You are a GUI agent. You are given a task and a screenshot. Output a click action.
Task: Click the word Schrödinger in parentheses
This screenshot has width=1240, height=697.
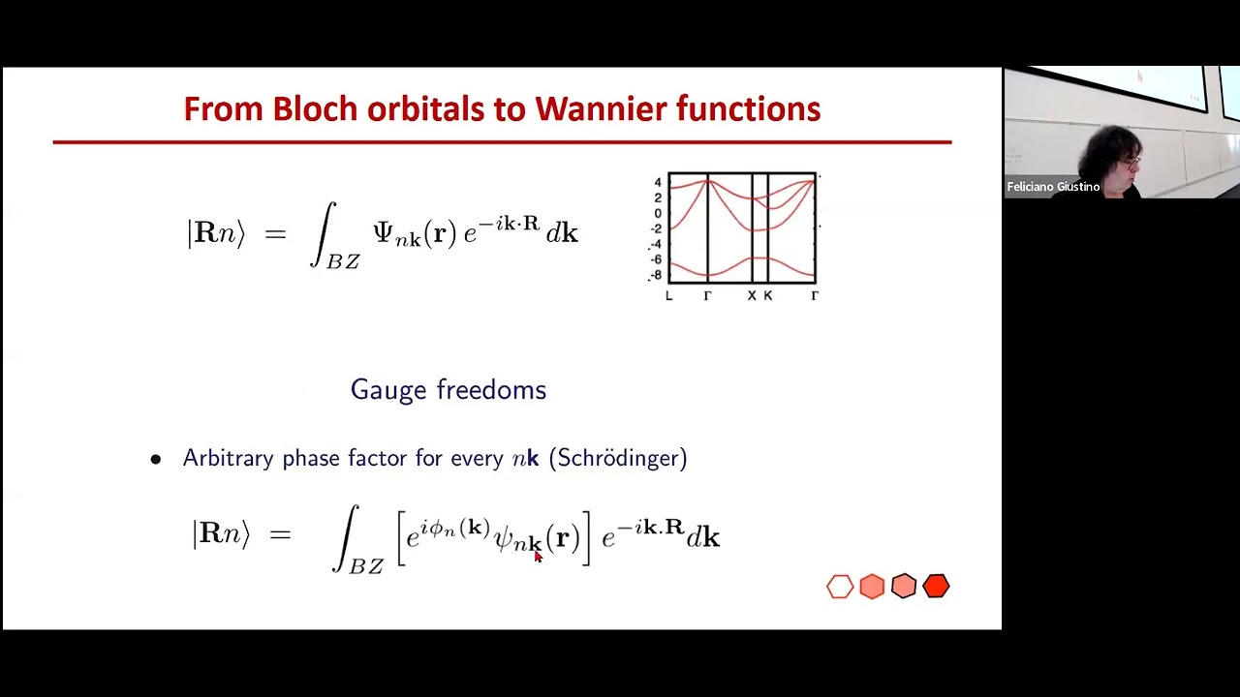(x=618, y=458)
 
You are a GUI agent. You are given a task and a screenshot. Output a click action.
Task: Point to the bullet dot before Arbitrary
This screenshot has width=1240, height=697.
(x=156, y=460)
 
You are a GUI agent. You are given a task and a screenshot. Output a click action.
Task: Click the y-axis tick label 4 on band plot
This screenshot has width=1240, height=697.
(x=658, y=183)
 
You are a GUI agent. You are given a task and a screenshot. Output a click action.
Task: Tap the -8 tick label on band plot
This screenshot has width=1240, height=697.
(x=656, y=275)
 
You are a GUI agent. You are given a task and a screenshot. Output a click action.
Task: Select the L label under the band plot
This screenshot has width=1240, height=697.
(x=668, y=296)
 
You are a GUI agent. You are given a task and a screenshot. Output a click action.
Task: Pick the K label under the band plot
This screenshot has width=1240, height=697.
(x=768, y=296)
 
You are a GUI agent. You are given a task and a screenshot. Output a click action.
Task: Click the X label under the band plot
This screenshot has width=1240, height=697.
(x=752, y=296)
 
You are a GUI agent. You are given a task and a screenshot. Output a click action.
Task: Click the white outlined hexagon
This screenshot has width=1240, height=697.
(x=840, y=587)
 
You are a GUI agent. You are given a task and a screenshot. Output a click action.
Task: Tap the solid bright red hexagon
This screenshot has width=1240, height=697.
(x=936, y=587)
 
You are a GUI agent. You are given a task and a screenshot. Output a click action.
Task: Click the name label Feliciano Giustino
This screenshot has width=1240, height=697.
(x=1053, y=187)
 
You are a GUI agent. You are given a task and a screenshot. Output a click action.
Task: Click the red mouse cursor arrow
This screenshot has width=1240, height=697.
(x=538, y=556)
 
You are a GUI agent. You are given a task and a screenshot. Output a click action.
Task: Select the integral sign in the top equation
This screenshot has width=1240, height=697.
(x=325, y=234)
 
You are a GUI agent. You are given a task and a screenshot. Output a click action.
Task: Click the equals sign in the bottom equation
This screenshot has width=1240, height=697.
(x=280, y=533)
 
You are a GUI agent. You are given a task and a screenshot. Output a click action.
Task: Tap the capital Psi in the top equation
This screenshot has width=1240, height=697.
(x=384, y=233)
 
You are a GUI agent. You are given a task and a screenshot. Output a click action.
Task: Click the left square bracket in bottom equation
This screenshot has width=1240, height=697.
(x=401, y=538)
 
